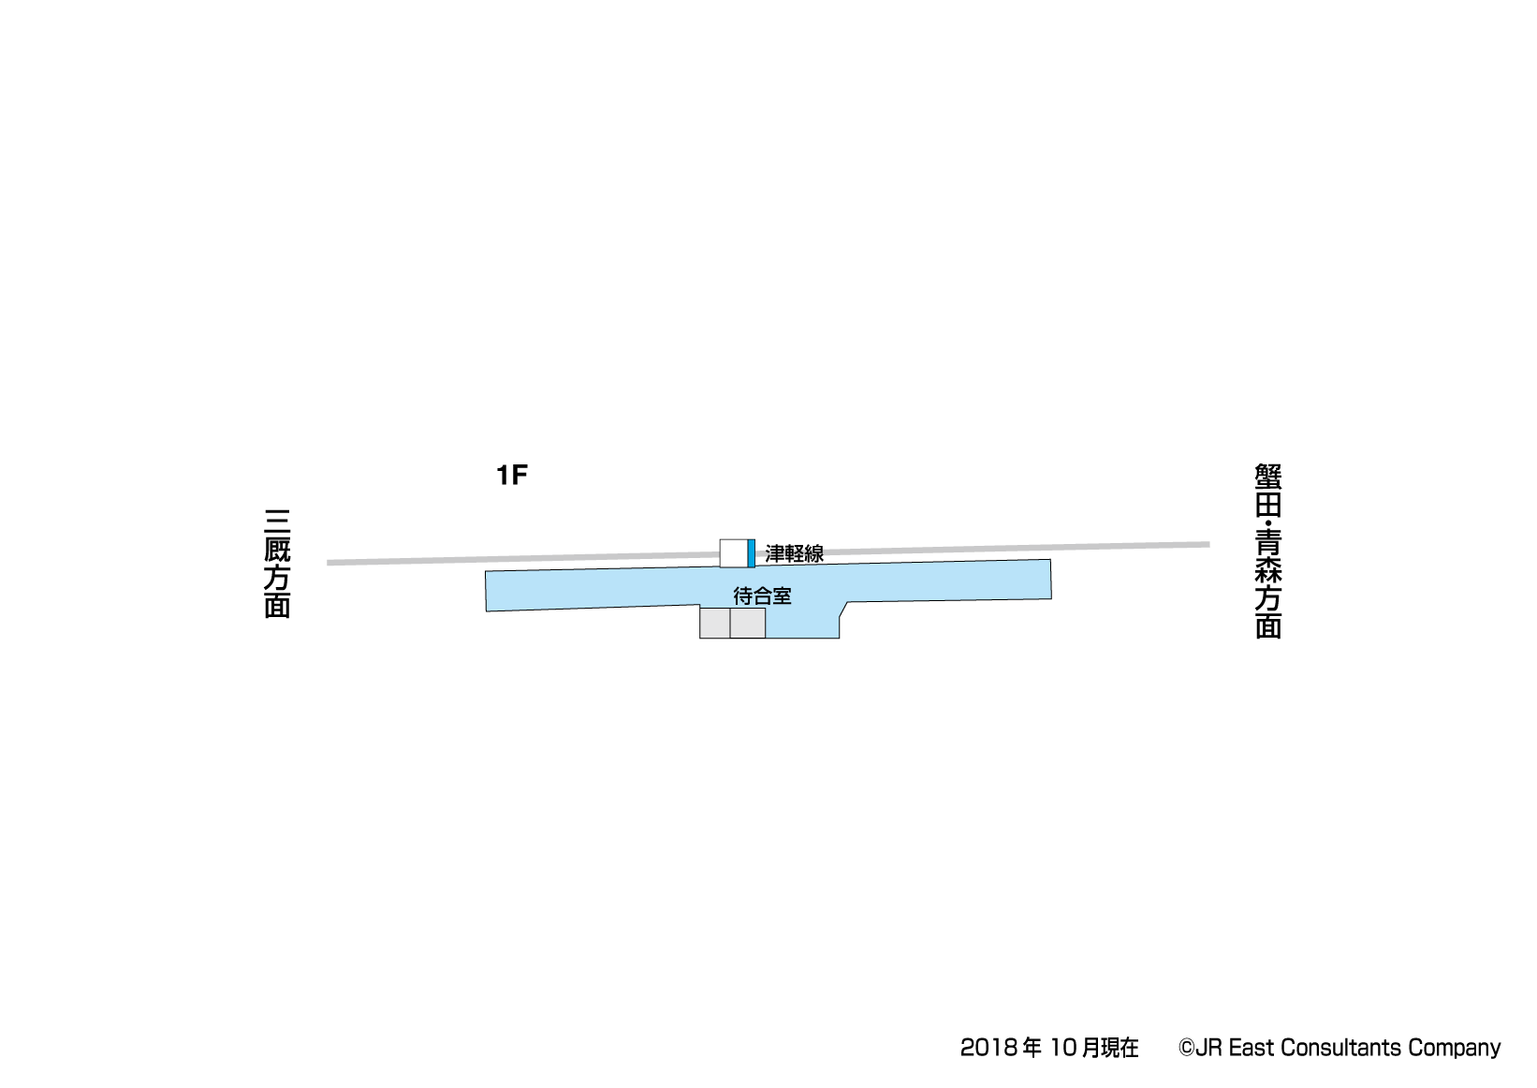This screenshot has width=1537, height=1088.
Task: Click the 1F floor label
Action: [512, 475]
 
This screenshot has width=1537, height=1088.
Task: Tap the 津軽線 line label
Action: [795, 554]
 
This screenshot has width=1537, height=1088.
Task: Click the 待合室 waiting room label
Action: [762, 595]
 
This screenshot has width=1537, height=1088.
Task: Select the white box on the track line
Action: [734, 553]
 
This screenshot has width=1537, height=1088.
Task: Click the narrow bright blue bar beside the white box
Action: [752, 553]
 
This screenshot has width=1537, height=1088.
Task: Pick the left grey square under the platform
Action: [715, 624]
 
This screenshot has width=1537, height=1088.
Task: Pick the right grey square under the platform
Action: [748, 624]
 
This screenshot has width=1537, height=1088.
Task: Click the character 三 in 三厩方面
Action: [277, 522]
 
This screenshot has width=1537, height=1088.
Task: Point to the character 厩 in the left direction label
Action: [277, 549]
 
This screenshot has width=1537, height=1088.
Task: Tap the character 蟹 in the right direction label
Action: [1268, 477]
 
